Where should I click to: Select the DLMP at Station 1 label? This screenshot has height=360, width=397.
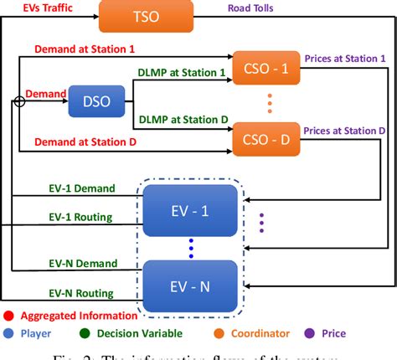point(181,74)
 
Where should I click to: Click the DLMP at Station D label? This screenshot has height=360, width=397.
point(181,120)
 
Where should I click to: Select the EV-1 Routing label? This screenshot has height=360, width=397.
point(80,219)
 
